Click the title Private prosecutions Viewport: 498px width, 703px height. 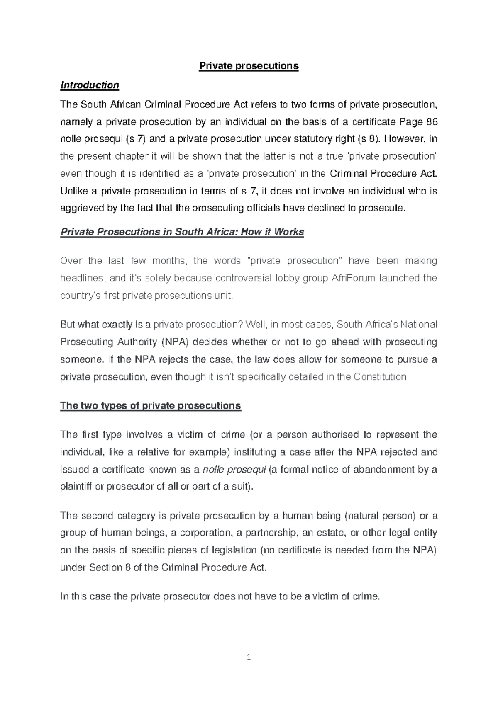249,66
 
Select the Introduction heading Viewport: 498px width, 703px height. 90,85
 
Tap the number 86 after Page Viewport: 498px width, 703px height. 432,122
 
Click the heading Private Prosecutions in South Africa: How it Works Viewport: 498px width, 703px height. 182,232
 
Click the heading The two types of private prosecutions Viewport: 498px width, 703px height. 151,405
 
